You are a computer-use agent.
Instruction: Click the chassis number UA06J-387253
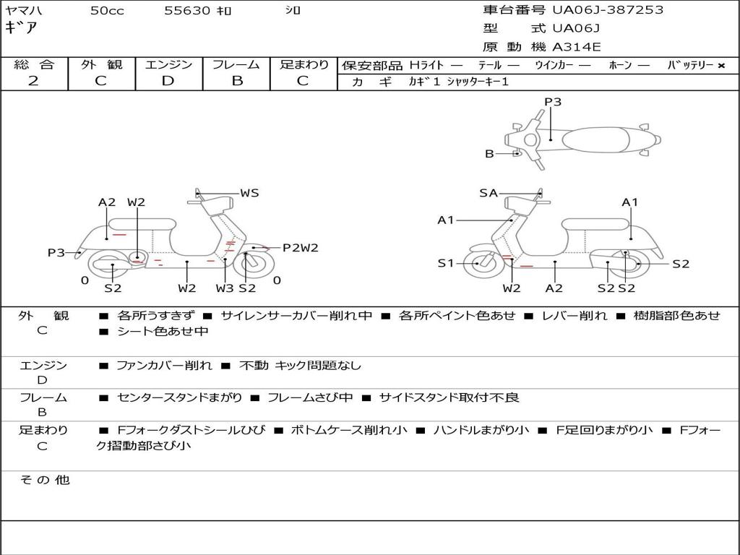pyautogui.click(x=608, y=10)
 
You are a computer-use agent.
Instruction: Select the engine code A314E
pyautogui.click(x=576, y=47)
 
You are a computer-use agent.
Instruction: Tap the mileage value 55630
pyautogui.click(x=187, y=10)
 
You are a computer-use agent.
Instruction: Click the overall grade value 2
pyautogui.click(x=33, y=81)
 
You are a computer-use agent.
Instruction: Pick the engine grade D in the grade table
pyautogui.click(x=168, y=81)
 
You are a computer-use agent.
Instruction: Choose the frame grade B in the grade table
pyautogui.click(x=237, y=81)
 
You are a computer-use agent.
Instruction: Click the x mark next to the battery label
pyautogui.click(x=721, y=66)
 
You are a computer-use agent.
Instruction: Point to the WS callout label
pyautogui.click(x=249, y=192)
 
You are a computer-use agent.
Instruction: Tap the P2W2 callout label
pyautogui.click(x=300, y=248)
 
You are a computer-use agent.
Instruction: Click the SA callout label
pyautogui.click(x=489, y=193)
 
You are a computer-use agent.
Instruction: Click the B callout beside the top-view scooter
pyautogui.click(x=489, y=153)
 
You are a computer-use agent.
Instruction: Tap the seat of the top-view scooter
pyautogui.click(x=595, y=140)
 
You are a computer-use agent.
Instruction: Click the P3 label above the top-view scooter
pyautogui.click(x=553, y=102)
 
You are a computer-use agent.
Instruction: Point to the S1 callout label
pyautogui.click(x=445, y=263)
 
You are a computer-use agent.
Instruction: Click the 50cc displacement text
pyautogui.click(x=107, y=10)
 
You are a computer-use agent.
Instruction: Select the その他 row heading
pyautogui.click(x=45, y=480)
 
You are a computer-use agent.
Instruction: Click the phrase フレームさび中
pyautogui.click(x=310, y=398)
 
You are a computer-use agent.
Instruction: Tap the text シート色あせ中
pyautogui.click(x=163, y=331)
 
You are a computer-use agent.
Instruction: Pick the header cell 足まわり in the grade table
pyautogui.click(x=304, y=64)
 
